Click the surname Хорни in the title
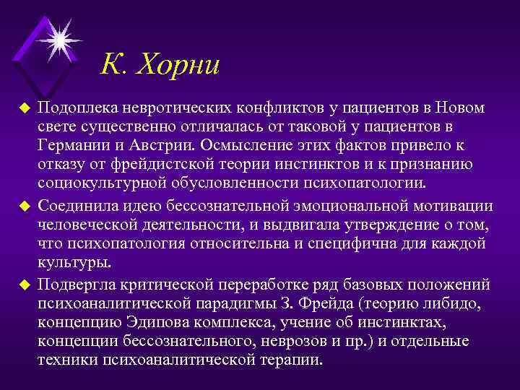click(177, 67)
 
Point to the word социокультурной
click(92, 185)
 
